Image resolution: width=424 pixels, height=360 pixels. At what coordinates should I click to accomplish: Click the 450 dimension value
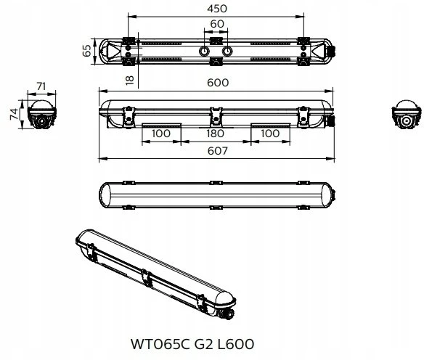point(217,9)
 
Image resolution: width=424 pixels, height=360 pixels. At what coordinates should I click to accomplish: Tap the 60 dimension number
point(217,24)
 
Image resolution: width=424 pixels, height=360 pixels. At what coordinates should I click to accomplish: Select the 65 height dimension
point(87,51)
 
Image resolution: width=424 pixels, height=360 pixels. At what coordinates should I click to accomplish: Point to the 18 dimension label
point(130,80)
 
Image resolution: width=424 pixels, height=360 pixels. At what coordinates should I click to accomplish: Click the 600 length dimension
point(218,83)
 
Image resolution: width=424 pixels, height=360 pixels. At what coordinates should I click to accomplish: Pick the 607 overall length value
point(218,151)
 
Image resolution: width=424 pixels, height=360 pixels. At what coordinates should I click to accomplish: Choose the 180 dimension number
point(215,134)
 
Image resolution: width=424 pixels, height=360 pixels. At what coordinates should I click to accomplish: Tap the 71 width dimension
point(41,86)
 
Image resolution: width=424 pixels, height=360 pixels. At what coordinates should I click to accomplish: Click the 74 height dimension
point(14,114)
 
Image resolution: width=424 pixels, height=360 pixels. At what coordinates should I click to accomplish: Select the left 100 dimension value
point(161,134)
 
